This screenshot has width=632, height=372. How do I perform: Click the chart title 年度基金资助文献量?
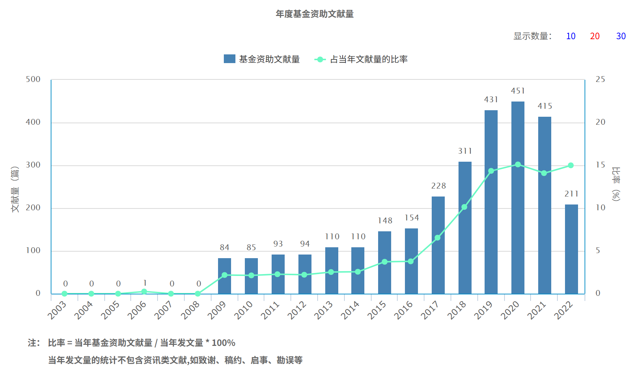(x=314, y=14)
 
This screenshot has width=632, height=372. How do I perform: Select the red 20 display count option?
(x=595, y=36)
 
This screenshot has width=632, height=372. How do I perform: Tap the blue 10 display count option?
(x=571, y=36)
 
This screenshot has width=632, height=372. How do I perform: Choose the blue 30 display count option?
(x=621, y=36)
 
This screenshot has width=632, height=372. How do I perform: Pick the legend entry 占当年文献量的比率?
(x=361, y=59)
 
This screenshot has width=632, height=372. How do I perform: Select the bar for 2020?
(x=518, y=198)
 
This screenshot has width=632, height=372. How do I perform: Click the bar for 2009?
(x=225, y=276)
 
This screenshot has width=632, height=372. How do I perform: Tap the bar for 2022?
(x=571, y=249)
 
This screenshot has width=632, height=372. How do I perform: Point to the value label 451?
(x=518, y=91)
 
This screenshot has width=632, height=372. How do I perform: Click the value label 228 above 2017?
(x=438, y=186)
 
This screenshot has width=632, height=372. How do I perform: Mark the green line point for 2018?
(x=464, y=207)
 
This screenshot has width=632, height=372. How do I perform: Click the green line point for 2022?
(x=571, y=165)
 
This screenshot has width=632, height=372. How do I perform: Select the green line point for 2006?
(x=144, y=292)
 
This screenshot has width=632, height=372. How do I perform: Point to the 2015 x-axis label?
(x=377, y=310)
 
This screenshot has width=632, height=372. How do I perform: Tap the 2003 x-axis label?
(x=57, y=310)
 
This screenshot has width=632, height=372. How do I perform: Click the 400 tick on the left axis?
(x=33, y=122)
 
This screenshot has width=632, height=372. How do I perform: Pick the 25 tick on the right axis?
(x=600, y=79)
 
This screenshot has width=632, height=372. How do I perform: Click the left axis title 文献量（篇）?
(x=15, y=189)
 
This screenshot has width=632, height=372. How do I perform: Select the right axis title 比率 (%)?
(x=616, y=184)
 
